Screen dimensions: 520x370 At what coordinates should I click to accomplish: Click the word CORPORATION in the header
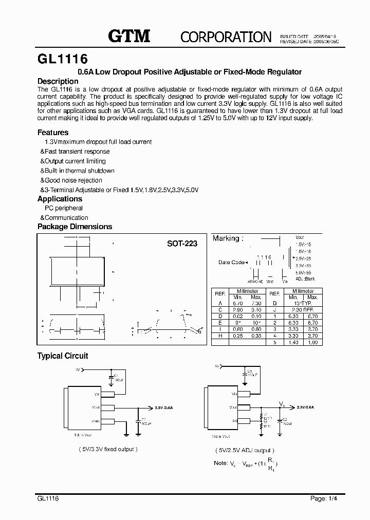[x=226, y=36]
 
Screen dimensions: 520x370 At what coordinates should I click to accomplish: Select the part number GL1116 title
[x=62, y=58]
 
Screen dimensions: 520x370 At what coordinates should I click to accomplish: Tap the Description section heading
[x=58, y=81]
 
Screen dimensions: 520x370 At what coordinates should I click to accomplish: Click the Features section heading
[x=53, y=133]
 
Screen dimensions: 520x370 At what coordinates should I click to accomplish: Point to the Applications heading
[x=60, y=199]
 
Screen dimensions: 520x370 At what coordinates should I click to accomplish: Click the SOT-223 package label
[x=182, y=244]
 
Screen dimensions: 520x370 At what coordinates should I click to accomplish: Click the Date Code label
[x=231, y=262]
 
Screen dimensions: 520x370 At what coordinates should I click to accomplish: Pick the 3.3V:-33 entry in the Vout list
[x=304, y=265]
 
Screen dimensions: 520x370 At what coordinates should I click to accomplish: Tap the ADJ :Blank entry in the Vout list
[x=305, y=278]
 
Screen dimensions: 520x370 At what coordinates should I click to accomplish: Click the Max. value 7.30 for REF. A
[x=255, y=304]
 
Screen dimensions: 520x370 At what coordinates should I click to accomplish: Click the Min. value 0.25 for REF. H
[x=237, y=335]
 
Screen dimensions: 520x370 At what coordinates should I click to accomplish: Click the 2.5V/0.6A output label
[x=305, y=406]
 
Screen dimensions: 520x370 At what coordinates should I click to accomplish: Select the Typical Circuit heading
[x=63, y=356]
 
